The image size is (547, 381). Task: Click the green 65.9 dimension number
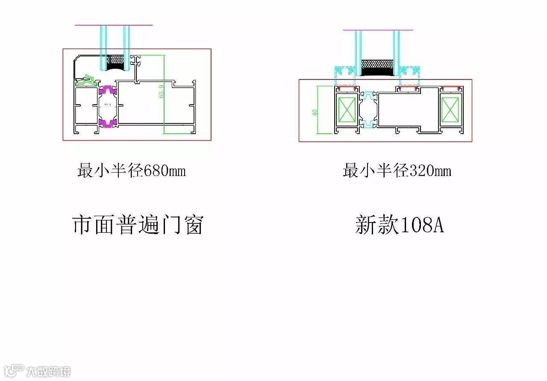tap(161, 92)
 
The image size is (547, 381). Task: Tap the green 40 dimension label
tap(315, 112)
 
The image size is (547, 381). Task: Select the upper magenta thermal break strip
tap(108, 90)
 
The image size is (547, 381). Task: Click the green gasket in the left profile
tap(88, 79)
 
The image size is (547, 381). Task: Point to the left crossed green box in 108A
tap(347, 109)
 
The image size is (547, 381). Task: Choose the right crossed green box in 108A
tap(450, 109)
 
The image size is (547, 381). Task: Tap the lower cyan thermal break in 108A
tap(368, 124)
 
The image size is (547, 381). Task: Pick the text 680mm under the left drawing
tap(165, 171)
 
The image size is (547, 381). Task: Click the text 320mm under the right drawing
tap(430, 171)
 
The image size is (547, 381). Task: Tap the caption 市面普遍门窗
tap(138, 225)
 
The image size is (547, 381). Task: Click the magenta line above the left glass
tap(114, 25)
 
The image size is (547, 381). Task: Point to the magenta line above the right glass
tap(378, 30)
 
